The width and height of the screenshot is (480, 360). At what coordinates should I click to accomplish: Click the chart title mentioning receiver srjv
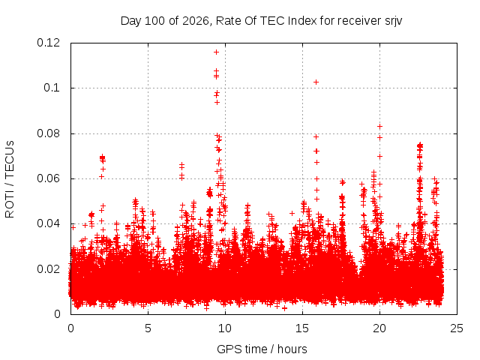click(x=261, y=21)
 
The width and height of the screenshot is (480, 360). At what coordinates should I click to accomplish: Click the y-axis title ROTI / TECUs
click(x=10, y=179)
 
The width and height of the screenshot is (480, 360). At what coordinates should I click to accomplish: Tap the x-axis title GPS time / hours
click(x=262, y=349)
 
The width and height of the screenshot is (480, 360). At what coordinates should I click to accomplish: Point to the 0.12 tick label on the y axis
click(x=48, y=43)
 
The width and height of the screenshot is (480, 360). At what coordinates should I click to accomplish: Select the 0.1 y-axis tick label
click(x=52, y=88)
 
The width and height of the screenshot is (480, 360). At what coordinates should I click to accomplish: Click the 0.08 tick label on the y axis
click(x=48, y=133)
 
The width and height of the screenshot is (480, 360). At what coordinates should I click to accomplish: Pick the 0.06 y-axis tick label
click(x=48, y=178)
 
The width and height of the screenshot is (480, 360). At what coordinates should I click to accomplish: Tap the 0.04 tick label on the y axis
click(x=48, y=223)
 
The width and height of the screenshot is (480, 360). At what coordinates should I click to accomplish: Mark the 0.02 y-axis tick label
click(x=48, y=269)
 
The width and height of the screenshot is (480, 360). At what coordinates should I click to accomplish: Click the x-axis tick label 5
click(x=148, y=328)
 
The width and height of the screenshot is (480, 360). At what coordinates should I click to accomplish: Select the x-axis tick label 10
click(x=225, y=328)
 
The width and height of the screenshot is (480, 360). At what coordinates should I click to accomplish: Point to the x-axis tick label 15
click(x=302, y=328)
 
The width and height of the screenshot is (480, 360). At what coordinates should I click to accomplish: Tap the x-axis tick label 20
click(x=379, y=328)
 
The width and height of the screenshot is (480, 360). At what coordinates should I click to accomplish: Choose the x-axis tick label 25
click(x=457, y=328)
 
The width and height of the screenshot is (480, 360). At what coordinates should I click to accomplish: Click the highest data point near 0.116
click(x=216, y=52)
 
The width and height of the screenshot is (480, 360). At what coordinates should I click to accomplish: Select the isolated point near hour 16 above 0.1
click(x=316, y=82)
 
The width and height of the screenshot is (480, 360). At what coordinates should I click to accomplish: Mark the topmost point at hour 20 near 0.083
click(x=379, y=127)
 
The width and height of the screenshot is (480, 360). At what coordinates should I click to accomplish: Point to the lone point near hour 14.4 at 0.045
click(x=292, y=213)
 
